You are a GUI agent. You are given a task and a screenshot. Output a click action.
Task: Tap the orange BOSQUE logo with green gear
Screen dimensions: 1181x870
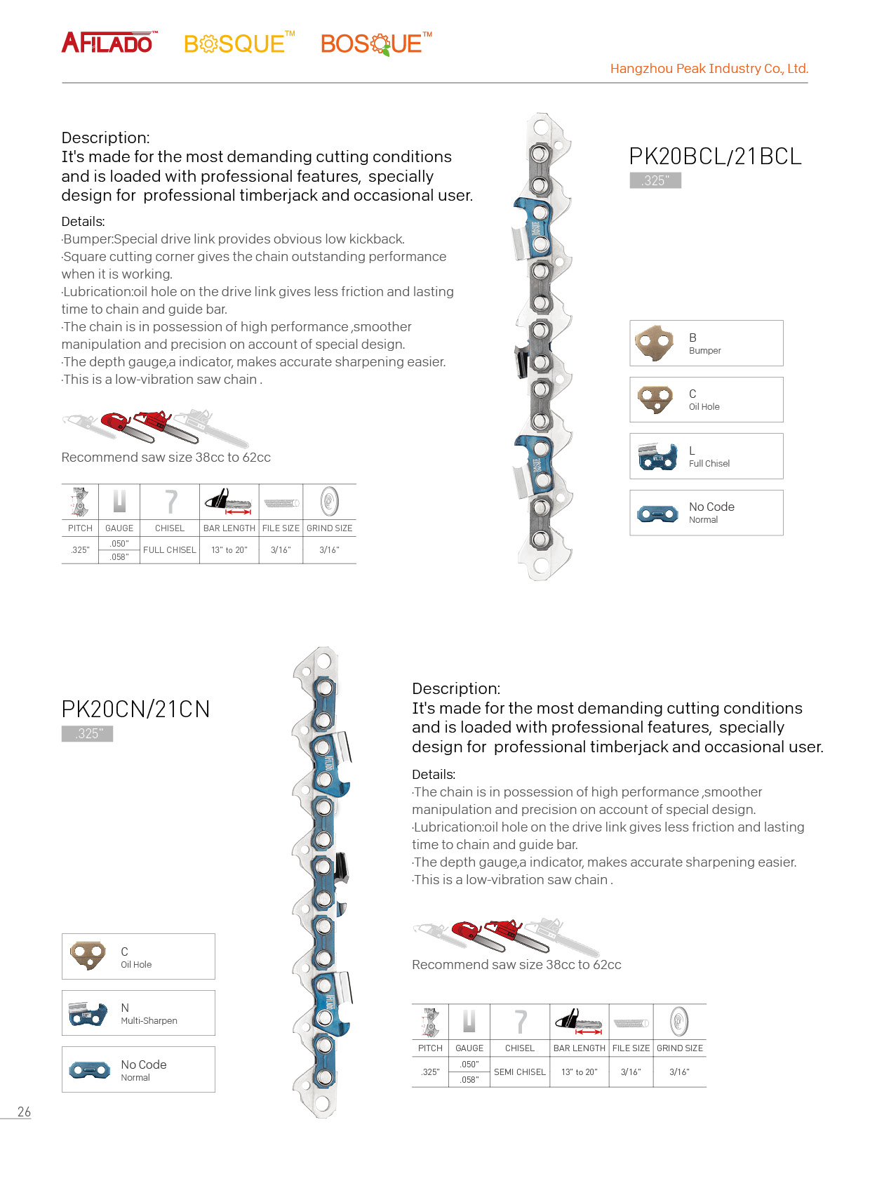coord(374,44)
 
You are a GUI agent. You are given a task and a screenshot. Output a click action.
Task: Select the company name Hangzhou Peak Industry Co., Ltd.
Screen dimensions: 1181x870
coord(709,69)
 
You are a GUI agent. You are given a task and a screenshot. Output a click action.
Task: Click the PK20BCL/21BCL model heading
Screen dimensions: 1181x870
coord(714,156)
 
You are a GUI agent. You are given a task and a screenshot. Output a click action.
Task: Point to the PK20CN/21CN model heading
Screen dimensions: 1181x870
coord(135,709)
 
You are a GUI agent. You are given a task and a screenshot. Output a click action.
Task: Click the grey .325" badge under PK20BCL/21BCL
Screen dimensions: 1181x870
coord(655,180)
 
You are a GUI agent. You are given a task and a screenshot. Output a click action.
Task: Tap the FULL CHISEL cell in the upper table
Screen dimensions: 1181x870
coord(170,550)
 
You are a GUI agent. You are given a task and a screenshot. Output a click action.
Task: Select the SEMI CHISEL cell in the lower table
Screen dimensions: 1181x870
coord(520,1072)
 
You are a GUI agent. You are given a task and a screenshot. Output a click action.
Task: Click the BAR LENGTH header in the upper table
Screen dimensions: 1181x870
coord(229,528)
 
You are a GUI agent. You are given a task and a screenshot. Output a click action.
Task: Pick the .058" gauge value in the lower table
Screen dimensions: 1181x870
coord(469,1080)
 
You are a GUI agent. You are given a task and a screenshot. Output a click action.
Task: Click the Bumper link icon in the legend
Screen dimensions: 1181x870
coord(654,343)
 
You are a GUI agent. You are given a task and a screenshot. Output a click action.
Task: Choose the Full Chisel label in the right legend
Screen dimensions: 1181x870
coord(709,464)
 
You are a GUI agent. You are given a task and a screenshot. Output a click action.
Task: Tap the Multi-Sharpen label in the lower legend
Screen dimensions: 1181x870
coord(149,1021)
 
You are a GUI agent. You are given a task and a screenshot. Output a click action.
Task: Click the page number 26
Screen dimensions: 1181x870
coord(24,1112)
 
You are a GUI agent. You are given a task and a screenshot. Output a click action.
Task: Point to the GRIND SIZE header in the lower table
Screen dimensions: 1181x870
coord(679,1048)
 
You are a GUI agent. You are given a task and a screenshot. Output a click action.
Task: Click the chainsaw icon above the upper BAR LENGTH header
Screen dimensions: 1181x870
coord(229,501)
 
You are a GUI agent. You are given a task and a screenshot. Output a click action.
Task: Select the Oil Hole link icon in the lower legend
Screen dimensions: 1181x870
coord(88,956)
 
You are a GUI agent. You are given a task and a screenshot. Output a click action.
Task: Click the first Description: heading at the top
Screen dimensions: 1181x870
coord(105,138)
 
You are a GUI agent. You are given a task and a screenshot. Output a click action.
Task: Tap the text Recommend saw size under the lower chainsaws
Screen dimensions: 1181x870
coord(516,965)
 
